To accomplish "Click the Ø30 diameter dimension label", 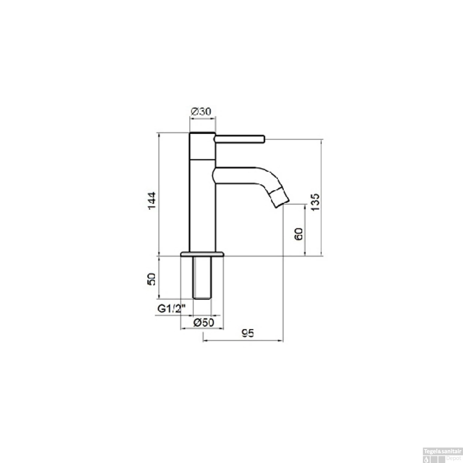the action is tap(201, 111).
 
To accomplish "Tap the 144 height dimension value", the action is tap(152, 201).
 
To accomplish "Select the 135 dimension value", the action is tap(315, 202).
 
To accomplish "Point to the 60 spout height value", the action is tap(298, 234).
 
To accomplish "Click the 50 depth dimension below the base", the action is tap(152, 279).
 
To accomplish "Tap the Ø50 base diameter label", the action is tap(203, 323).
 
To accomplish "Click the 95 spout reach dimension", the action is tap(248, 333).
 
